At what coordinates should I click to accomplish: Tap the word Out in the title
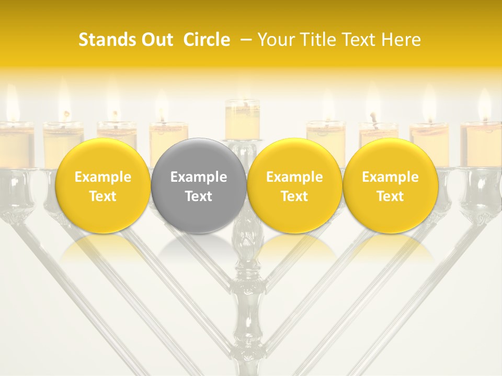(x=155, y=40)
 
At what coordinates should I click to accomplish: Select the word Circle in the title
(x=207, y=40)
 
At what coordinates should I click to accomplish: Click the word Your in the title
(x=276, y=40)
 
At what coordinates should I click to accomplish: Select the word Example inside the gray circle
(x=199, y=177)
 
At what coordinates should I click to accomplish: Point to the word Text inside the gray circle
(x=199, y=196)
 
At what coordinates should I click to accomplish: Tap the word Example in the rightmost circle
(x=390, y=177)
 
